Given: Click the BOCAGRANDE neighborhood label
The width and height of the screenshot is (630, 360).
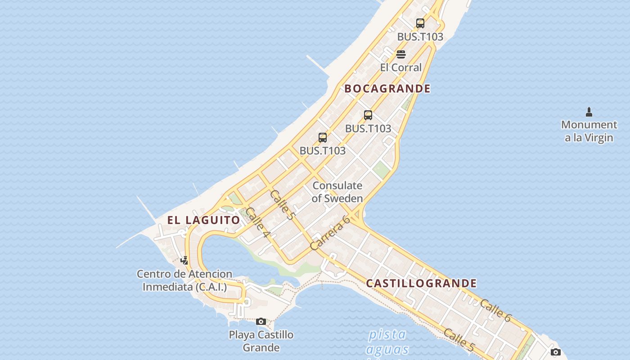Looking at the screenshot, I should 387,89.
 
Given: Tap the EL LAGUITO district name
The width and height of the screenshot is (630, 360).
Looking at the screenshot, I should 204,220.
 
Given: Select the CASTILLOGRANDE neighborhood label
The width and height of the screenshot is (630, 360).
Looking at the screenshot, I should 421,283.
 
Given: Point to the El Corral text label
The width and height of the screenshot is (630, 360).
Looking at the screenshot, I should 401,67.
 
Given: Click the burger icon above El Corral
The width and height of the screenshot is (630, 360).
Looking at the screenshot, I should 401,54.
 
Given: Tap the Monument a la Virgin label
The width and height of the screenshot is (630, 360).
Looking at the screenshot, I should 589,131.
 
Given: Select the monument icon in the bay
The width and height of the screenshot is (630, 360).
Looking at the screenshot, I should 589,112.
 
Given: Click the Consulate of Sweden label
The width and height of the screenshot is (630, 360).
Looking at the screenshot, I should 337,192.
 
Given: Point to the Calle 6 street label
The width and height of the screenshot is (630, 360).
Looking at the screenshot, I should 495,310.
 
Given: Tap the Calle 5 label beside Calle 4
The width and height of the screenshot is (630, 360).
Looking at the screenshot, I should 282,205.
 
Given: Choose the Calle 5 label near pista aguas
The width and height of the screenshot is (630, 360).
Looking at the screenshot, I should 459,340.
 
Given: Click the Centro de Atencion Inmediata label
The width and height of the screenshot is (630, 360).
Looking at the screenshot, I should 184,280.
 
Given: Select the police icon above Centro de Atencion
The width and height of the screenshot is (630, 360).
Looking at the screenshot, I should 184,260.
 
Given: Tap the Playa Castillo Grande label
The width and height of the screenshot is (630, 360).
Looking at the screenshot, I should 261,341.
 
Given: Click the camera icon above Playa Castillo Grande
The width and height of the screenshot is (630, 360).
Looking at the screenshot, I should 261,321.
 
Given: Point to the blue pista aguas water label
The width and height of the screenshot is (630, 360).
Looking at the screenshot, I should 387,342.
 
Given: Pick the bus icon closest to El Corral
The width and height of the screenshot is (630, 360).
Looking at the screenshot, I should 420,23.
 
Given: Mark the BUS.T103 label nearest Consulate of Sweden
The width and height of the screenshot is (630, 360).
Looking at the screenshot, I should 323,151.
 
